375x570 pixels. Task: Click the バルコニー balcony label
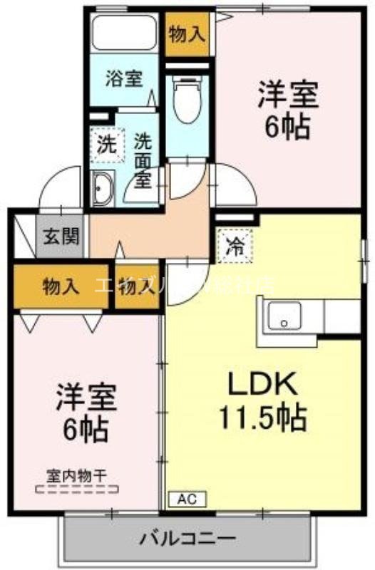pyautogui.click(x=188, y=536)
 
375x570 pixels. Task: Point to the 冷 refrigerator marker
pyautogui.click(x=234, y=247)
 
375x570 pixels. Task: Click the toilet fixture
pyautogui.click(x=187, y=100)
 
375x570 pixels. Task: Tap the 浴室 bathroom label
pyautogui.click(x=123, y=78)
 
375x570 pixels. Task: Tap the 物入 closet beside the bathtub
pyautogui.click(x=189, y=33)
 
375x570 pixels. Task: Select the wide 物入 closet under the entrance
pyautogui.click(x=61, y=286)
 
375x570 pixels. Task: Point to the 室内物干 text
pyautogui.click(x=76, y=474)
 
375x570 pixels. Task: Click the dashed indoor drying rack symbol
pyautogui.click(x=76, y=490)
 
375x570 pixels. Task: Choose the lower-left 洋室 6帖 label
pyautogui.click(x=83, y=413)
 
